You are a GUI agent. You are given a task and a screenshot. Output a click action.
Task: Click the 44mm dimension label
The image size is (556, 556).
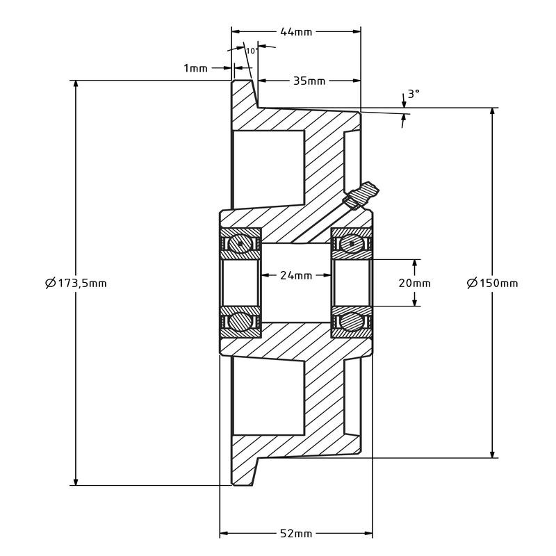click(296, 31)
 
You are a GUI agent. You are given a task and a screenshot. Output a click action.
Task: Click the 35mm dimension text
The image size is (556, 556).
click(309, 81)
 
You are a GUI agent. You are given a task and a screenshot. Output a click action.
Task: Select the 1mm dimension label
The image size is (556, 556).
click(195, 67)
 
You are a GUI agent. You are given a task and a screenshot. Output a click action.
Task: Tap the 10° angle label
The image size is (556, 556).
click(252, 51)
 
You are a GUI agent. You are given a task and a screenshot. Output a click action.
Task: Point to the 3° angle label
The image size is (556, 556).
click(414, 93)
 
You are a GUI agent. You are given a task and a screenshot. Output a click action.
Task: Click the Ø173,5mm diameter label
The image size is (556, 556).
click(76, 283)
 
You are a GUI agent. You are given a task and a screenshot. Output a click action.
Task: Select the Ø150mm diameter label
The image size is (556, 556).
click(492, 283)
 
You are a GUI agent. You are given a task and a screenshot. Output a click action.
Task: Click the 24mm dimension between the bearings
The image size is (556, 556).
click(296, 275)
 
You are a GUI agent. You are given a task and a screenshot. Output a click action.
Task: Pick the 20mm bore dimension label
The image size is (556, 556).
click(415, 283)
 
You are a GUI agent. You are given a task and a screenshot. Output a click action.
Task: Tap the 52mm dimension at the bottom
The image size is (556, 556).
click(296, 534)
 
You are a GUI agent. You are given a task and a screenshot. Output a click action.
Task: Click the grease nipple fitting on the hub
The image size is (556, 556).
click(363, 195)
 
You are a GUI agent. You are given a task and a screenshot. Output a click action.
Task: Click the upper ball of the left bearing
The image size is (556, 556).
click(241, 244)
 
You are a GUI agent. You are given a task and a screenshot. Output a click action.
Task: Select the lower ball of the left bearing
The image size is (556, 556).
click(241, 322)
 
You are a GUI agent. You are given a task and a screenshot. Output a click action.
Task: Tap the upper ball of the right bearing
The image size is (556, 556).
click(352, 244)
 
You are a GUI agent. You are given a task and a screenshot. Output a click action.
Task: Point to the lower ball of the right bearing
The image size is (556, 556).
click(352, 322)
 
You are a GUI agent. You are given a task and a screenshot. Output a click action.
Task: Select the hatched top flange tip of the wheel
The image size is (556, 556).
click(243, 94)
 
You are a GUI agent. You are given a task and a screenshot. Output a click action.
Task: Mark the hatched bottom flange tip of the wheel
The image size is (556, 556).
click(243, 472)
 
